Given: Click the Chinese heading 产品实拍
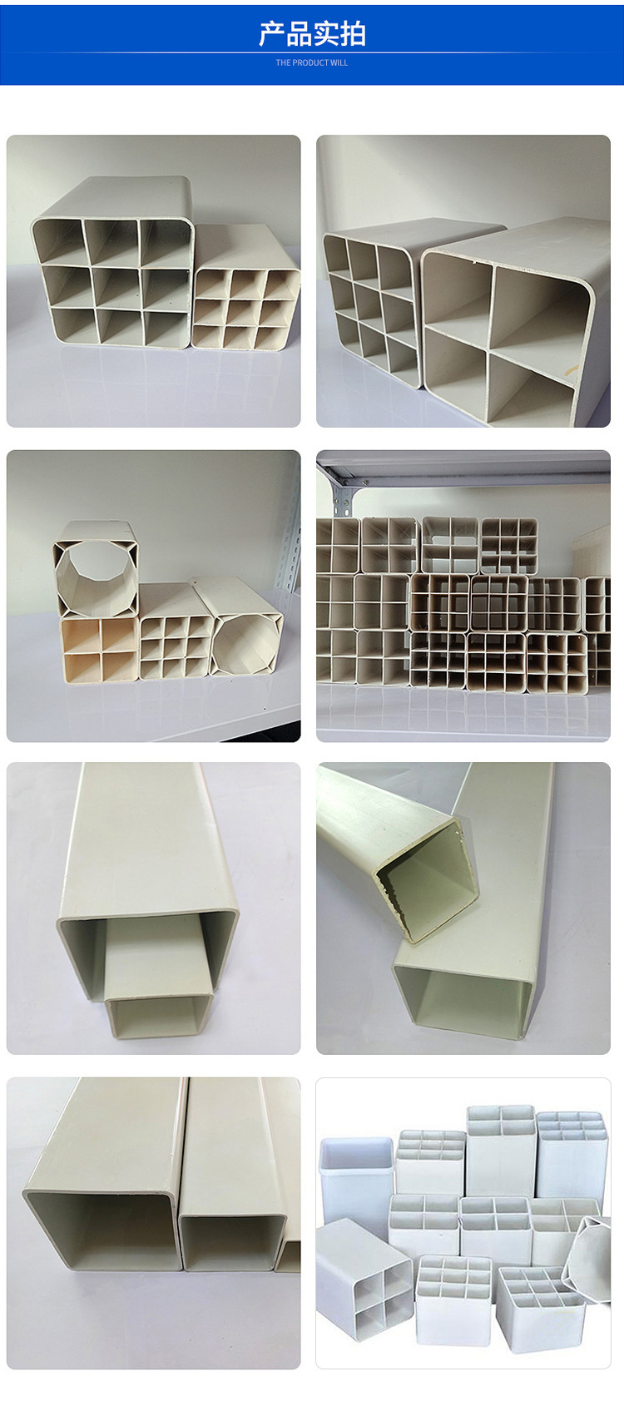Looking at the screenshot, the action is click(x=312, y=34).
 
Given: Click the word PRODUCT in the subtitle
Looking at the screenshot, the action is click(x=310, y=62).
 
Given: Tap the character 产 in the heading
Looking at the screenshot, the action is click(x=272, y=34).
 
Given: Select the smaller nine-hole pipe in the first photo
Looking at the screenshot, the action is click(x=245, y=295).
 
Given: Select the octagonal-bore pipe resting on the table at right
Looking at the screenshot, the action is click(x=241, y=634).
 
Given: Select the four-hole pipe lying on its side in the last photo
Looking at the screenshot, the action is click(x=364, y=1275).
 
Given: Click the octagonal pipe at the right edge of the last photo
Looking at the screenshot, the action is click(x=587, y=1255).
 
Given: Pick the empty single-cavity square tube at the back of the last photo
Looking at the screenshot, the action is click(x=357, y=1174).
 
